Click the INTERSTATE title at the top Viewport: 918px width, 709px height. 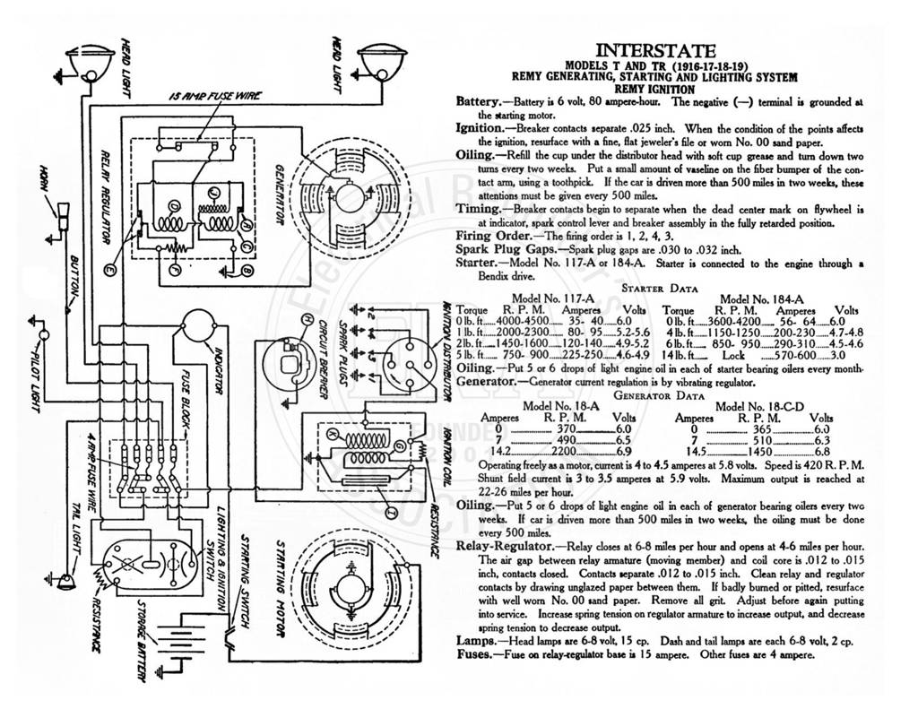(655, 51)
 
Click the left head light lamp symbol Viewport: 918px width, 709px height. (87, 62)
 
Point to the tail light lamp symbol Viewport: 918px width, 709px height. (66, 580)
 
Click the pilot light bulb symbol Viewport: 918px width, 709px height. (44, 335)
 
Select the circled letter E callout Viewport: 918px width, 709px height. (108, 270)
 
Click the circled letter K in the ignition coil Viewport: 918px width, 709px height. (332, 435)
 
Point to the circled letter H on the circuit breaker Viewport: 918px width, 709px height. (306, 320)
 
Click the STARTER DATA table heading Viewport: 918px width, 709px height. (659, 289)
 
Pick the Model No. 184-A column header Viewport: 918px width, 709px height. (761, 299)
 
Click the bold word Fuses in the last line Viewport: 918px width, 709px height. (474, 654)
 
